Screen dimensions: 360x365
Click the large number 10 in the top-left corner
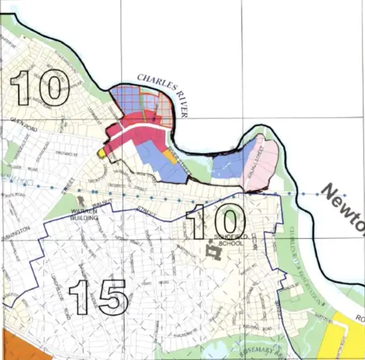[38, 88]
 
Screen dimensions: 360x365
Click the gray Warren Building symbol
[86, 205]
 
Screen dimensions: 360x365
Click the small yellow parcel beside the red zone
[102, 152]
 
